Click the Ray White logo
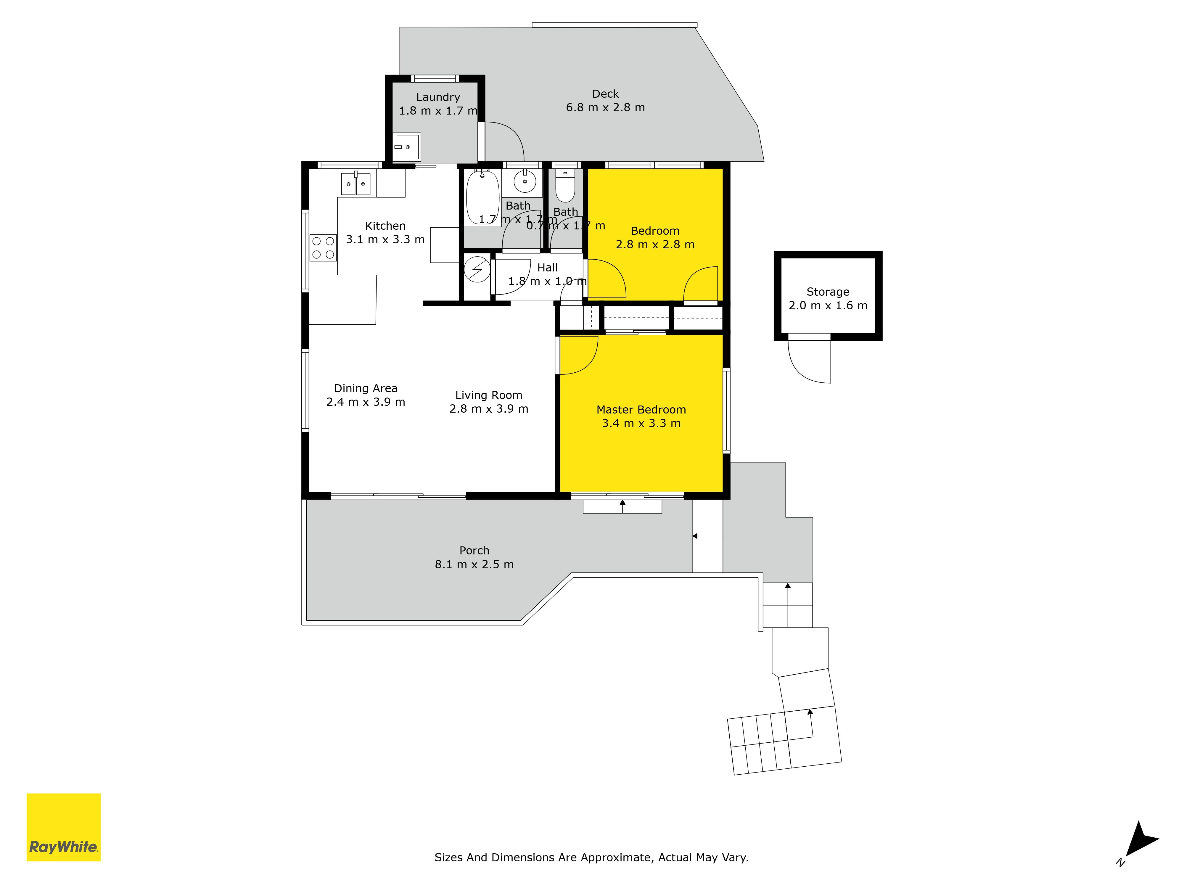[x=64, y=827]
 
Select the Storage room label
[x=828, y=292]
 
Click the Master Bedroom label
[x=641, y=409]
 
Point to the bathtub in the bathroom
[x=483, y=197]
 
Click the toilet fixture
[x=565, y=186]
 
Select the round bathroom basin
[x=525, y=181]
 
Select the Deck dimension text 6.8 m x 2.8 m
[x=605, y=107]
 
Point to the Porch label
[x=474, y=550]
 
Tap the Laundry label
[x=438, y=97]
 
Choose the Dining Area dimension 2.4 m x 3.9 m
[x=366, y=402]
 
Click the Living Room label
[x=489, y=395]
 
